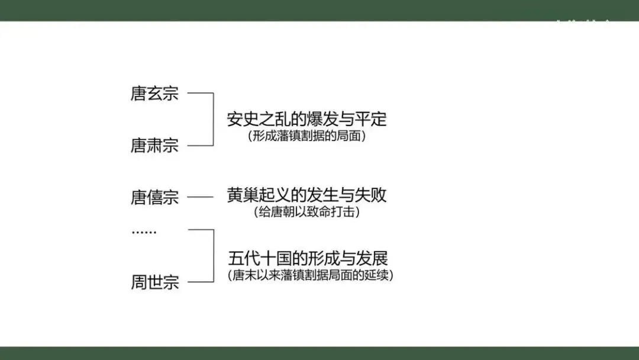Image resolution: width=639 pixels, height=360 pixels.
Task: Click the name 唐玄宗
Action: click(154, 94)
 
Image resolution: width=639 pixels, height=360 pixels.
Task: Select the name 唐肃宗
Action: click(154, 145)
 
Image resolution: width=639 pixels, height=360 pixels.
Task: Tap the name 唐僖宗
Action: click(154, 197)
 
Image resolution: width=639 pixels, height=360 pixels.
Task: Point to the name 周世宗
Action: click(154, 282)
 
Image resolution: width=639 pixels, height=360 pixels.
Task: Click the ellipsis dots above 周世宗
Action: click(144, 232)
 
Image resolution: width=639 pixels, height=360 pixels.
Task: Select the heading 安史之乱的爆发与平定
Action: click(306, 119)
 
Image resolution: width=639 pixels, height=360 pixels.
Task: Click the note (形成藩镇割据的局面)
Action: click(306, 136)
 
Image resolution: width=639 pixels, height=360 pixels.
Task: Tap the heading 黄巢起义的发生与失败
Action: click(306, 195)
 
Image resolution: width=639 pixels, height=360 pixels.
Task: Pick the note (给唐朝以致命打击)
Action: click(306, 211)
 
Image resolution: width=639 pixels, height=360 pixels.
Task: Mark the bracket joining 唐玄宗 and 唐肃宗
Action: click(212, 119)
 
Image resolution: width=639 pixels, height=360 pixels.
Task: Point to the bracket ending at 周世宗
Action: click(212, 256)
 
